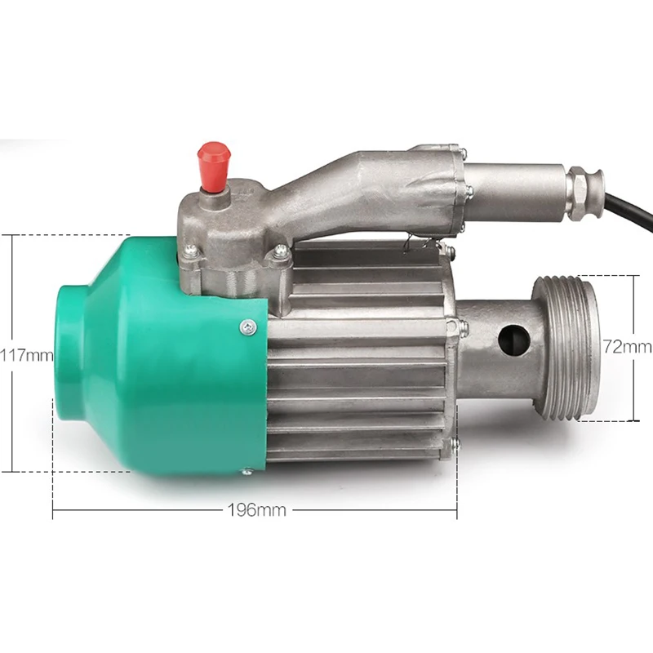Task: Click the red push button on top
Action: coord(215,166)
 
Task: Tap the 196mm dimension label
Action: coord(257,510)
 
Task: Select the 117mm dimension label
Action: coord(26,355)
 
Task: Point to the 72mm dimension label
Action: coord(627,346)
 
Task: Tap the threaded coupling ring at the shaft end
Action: coord(566,348)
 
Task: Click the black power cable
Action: coord(629,211)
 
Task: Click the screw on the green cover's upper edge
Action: coord(248,327)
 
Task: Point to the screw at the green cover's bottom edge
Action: coord(247,472)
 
